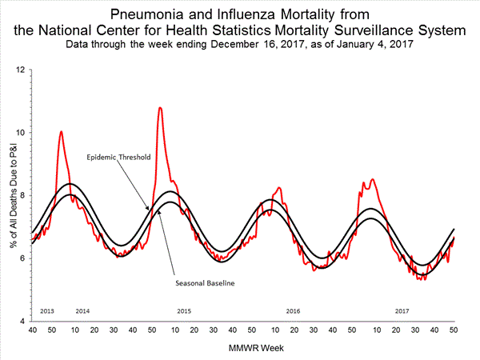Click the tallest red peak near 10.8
tap(160, 107)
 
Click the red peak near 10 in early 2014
tap(61, 131)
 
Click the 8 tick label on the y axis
tap(22, 195)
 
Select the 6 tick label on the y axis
tap(22, 258)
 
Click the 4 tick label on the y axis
tap(22, 321)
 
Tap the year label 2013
tap(46, 310)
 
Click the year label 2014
tap(82, 310)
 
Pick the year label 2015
tap(183, 310)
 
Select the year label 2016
tap(293, 310)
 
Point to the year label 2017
tap(402, 310)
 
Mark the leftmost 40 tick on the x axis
tap(32, 330)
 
